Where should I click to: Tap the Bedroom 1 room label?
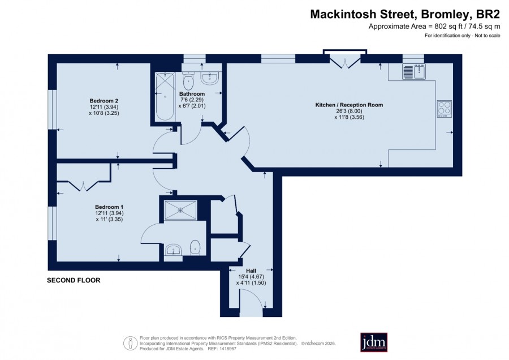pos(109,207)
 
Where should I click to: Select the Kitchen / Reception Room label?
pos(350,105)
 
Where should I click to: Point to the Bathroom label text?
pos(192,94)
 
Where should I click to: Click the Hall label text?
pos(251,271)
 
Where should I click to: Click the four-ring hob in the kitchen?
pos(445,109)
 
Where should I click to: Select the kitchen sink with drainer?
pos(414,71)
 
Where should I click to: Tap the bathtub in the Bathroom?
pos(165,96)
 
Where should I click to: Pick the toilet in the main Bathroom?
pos(188,80)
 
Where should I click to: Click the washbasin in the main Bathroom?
pos(210,79)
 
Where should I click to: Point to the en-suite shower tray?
pos(180,210)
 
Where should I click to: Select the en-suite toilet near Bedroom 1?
pos(195,247)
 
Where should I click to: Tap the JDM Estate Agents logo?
pos(374,342)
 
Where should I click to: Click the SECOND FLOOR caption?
pos(74,280)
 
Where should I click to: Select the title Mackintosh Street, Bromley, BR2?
pos(405,14)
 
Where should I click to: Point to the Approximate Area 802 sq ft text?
pos(434,27)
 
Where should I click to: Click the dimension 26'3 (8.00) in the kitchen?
pos(350,111)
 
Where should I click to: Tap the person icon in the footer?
pos(131,343)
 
